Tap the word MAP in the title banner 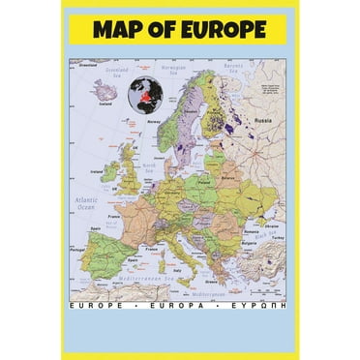coord(121,30)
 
